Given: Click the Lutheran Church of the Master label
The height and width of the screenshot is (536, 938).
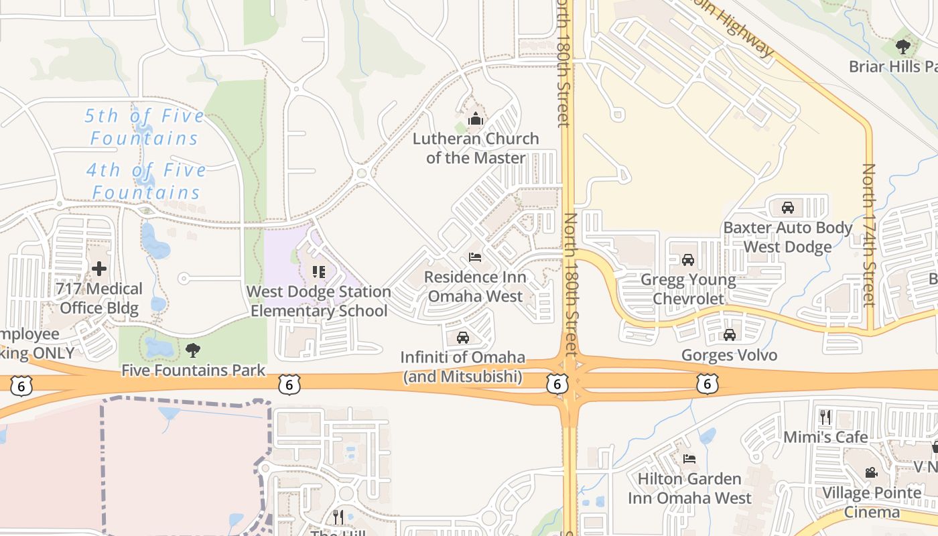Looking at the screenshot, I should (476, 148).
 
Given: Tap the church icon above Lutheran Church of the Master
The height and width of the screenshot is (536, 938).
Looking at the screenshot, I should (476, 119).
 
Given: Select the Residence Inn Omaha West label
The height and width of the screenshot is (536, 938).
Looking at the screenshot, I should (475, 287).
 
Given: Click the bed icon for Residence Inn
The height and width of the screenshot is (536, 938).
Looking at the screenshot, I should (475, 257).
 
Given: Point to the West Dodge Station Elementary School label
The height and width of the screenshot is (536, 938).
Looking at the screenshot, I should (319, 301).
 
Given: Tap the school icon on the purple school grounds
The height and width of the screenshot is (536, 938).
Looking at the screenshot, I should (319, 271).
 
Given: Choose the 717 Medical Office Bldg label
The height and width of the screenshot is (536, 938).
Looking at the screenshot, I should (99, 299).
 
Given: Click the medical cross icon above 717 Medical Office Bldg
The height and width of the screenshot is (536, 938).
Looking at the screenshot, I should (99, 269).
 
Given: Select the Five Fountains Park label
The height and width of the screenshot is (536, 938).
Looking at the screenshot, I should (193, 371).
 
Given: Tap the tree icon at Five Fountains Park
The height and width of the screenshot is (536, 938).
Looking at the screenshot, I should (193, 350).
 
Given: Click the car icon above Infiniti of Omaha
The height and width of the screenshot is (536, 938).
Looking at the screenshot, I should (462, 337).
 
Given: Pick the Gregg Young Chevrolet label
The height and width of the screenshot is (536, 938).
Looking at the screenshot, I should (688, 289).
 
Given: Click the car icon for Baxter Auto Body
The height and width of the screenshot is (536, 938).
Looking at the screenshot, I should (788, 207).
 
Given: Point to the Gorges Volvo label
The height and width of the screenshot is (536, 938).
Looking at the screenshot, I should (729, 355).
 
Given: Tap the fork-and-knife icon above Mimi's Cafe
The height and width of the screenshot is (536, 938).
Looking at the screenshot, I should (825, 417).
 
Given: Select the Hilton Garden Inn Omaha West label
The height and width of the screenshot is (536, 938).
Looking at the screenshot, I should (689, 488).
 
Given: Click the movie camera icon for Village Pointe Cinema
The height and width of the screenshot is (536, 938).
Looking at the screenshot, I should (871, 472).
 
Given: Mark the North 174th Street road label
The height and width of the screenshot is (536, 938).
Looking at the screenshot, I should (869, 234).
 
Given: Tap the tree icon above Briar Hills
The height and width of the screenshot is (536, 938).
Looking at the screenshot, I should (903, 47).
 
